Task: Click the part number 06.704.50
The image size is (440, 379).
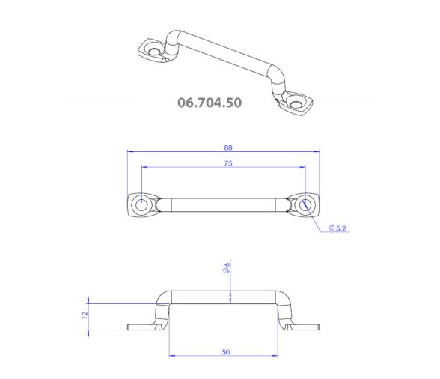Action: pos(210,103)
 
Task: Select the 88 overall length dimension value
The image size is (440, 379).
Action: pos(228,148)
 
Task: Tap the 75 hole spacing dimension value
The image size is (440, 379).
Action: pos(228,163)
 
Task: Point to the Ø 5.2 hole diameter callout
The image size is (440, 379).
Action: pos(337,228)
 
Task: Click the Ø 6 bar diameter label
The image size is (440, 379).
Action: pos(227,267)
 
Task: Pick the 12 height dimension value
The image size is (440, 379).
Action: pos(85,315)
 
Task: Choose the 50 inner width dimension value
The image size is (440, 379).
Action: pos(226,352)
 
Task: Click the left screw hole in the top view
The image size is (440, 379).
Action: pos(141,205)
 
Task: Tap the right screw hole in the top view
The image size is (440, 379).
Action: pos(305,205)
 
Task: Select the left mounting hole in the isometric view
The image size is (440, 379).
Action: pos(154,52)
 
